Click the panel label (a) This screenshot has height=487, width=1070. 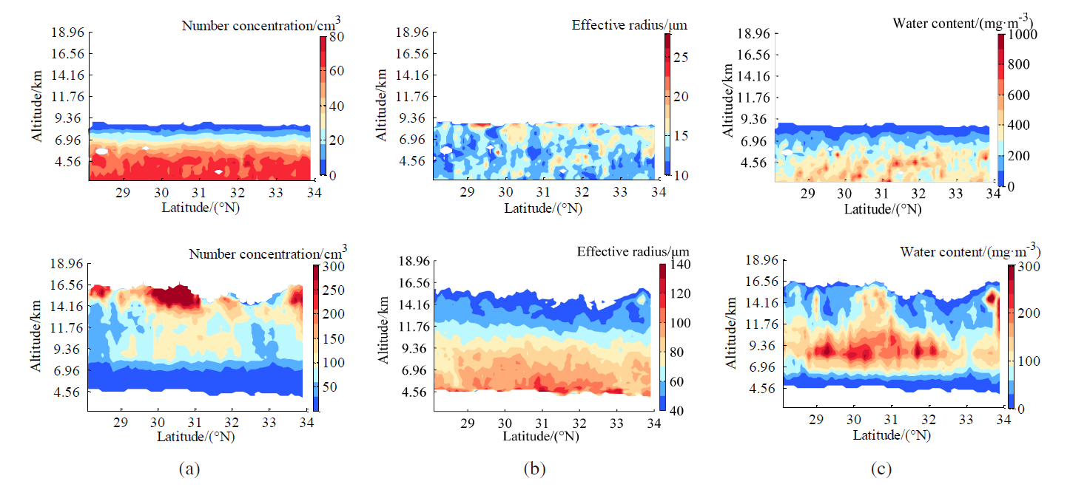189,469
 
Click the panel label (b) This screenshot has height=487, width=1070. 534,469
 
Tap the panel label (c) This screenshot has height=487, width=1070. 881,469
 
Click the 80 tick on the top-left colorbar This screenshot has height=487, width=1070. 336,36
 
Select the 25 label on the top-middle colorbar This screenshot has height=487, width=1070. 681,57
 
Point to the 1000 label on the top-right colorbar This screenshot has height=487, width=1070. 1022,34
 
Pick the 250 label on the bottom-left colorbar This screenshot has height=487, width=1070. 334,290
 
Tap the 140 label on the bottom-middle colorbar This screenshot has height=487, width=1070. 680,265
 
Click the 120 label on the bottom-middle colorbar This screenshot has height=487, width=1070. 680,293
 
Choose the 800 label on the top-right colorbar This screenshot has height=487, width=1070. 1018,64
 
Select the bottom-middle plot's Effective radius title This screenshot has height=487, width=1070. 633,251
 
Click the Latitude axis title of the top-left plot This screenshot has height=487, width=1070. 201,208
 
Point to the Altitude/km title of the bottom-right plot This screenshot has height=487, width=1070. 731,333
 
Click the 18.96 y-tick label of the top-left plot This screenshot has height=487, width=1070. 68,32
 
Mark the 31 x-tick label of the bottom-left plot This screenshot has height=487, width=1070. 195,422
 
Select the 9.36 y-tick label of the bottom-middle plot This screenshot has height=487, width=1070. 414,348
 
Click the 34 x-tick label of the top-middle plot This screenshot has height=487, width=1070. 659,191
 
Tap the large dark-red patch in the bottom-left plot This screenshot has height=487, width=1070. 176,296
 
